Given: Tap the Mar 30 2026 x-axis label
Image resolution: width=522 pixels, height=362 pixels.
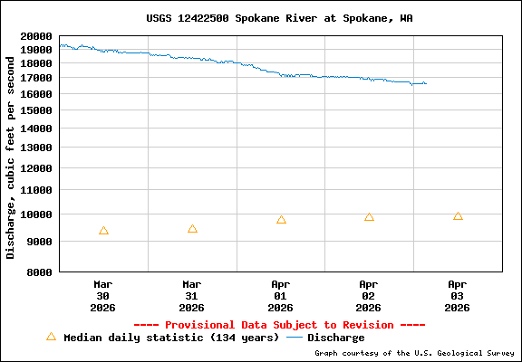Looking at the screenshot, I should (103, 295).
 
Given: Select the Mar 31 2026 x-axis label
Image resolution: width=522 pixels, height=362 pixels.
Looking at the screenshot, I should (192, 295).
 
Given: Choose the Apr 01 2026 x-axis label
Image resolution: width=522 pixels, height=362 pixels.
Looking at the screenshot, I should (281, 295).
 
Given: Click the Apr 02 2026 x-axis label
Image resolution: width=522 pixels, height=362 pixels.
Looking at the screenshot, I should (369, 295).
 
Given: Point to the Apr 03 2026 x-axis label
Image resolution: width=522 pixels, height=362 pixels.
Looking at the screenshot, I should (458, 295).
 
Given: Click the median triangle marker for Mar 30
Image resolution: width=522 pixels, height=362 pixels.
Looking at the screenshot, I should (103, 231).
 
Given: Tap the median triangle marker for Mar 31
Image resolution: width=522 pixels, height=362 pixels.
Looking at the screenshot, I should (192, 229).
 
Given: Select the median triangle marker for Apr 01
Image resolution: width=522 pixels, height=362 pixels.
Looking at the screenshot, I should (281, 220).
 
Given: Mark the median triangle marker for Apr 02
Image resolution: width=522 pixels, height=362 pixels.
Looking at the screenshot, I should (369, 217).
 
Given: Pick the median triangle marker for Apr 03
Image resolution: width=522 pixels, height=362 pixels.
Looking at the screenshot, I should (458, 216).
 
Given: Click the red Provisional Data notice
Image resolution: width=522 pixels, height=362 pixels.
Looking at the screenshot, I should (279, 325).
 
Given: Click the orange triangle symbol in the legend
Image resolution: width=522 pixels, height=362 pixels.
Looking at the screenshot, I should (51, 337).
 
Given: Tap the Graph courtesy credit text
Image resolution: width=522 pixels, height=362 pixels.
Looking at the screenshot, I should (414, 353).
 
